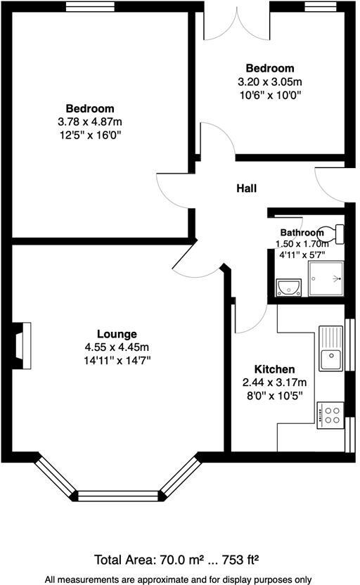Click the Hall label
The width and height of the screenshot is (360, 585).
246,188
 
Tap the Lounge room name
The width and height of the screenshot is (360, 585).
117,333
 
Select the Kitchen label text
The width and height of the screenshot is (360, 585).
274,369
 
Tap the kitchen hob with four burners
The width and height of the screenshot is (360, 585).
330,415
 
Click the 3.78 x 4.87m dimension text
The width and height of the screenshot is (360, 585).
90,122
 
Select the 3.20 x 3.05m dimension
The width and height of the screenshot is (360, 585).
269,82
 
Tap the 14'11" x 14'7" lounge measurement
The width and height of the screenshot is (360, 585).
117,360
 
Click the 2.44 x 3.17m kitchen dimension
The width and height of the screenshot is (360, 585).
274,382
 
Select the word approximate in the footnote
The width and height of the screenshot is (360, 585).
166,579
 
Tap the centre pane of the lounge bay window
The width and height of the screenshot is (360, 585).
117,495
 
